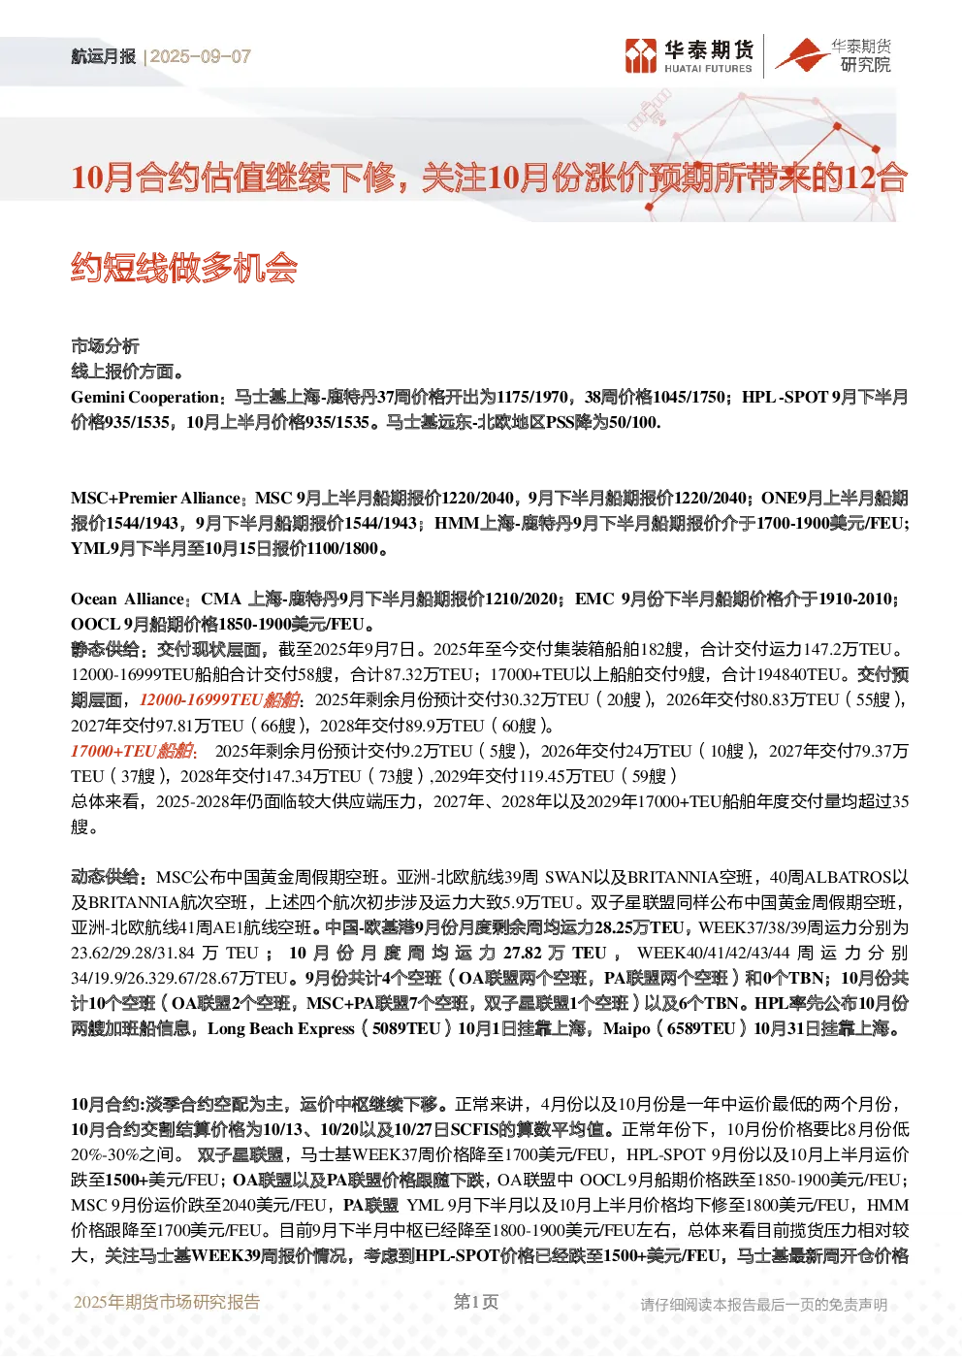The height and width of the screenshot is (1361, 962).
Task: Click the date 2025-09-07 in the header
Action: tap(201, 56)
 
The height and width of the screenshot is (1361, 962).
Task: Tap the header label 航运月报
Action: tap(103, 56)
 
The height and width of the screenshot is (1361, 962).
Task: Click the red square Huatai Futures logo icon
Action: tap(641, 56)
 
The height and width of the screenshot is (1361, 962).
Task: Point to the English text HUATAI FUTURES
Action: tap(708, 69)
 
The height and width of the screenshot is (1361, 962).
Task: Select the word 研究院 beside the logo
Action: tap(865, 64)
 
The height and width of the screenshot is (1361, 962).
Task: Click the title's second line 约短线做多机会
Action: tap(184, 268)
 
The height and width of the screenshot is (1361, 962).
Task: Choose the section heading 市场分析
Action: tap(105, 346)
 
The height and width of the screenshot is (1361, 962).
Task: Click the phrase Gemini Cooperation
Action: tap(144, 398)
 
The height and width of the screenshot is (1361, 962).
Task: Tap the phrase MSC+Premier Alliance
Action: tap(155, 499)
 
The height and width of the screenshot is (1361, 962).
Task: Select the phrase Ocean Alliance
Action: tap(128, 599)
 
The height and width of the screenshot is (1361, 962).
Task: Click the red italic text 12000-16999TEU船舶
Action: tap(219, 700)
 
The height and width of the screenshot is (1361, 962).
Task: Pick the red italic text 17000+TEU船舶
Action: tap(133, 751)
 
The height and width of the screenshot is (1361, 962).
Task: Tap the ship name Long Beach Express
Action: tap(280, 1028)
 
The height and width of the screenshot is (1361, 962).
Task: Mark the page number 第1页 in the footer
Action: tap(476, 1302)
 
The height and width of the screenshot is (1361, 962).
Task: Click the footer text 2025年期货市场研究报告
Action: tap(167, 1302)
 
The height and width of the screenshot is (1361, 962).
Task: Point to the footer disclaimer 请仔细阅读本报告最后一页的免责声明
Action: tap(764, 1305)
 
